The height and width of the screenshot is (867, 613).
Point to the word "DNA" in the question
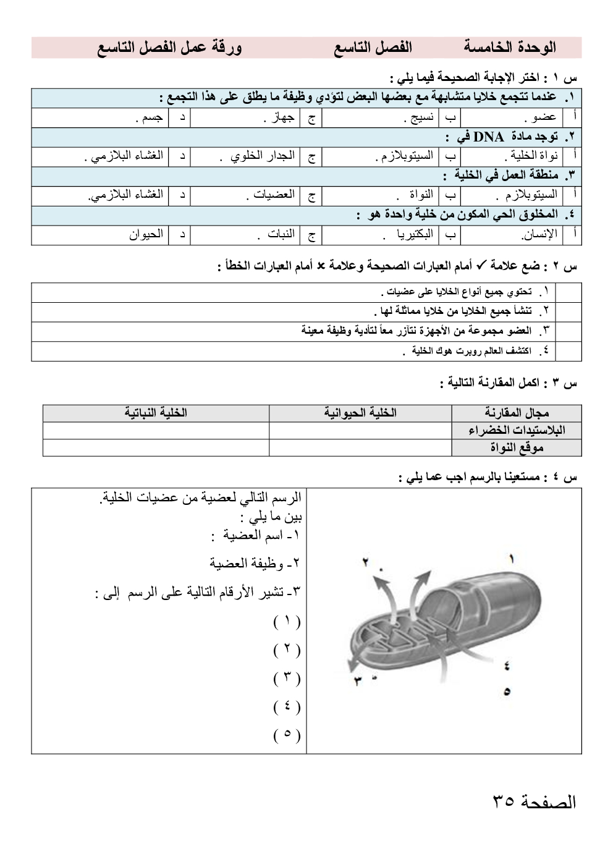click(x=488, y=137)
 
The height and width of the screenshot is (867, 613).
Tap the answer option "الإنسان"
click(x=539, y=234)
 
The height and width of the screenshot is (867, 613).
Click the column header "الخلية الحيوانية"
click(x=360, y=412)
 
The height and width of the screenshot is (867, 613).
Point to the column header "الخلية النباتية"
click(x=156, y=412)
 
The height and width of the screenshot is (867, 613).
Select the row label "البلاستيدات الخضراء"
click(x=517, y=430)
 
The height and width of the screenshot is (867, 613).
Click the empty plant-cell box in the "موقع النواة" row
click(x=156, y=447)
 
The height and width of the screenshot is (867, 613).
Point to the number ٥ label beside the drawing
click(x=507, y=691)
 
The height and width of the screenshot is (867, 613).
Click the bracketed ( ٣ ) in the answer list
click(x=287, y=679)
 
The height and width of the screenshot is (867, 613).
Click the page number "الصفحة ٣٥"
click(x=534, y=801)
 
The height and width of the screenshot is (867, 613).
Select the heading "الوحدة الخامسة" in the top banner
click(x=510, y=47)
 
